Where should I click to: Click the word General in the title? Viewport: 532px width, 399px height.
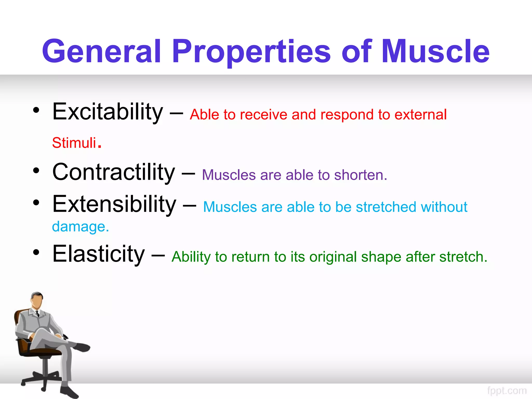coord(101,51)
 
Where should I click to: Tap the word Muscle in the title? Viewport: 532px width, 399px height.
coord(435,51)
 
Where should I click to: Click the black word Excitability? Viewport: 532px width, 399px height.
coord(108,112)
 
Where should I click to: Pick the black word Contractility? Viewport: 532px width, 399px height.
coord(114,172)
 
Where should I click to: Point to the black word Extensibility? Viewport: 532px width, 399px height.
coord(114,205)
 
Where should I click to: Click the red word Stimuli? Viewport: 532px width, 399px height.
coord(74,143)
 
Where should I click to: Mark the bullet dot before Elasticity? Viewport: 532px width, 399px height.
coord(36,252)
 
